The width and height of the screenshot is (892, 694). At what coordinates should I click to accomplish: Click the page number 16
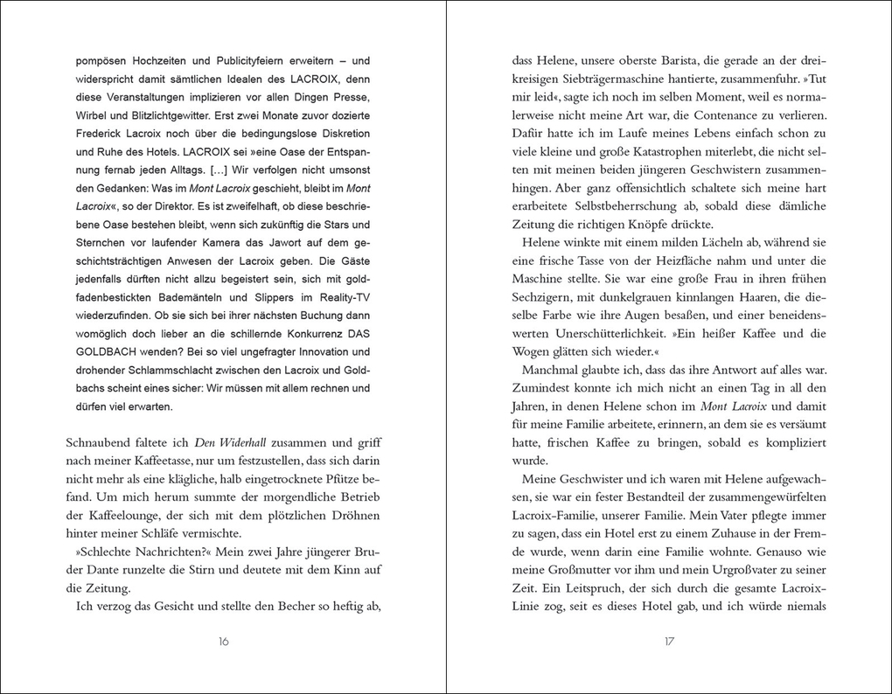pyautogui.click(x=223, y=642)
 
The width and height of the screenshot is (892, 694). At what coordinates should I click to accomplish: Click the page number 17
pyautogui.click(x=669, y=642)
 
